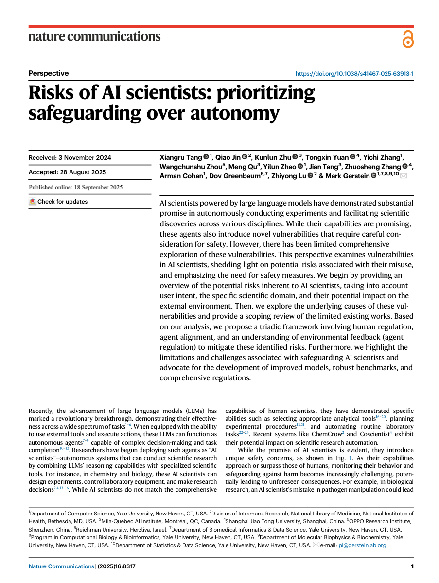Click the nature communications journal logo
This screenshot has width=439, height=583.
pyautogui.click(x=94, y=36)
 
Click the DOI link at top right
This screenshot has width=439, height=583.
pyautogui.click(x=354, y=74)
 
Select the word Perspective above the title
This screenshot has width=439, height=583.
pyautogui.click(x=49, y=73)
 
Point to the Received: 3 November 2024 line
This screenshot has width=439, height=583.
pyautogui.click(x=70, y=157)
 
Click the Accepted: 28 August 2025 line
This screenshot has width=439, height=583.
pyautogui.click(x=67, y=172)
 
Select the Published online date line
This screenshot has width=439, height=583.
pyautogui.click(x=76, y=187)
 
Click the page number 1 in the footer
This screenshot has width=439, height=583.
pyautogui.click(x=412, y=566)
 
